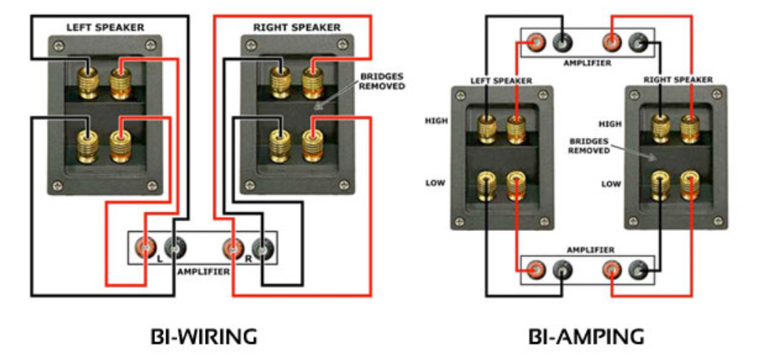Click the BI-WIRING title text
point(204,337)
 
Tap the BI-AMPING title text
point(587,337)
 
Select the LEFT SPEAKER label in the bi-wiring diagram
point(105,28)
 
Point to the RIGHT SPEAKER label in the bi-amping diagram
point(678,79)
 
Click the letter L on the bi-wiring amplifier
point(159,260)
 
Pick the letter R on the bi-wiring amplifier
point(248,260)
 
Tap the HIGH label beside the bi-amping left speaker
point(436,121)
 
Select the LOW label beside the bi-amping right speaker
point(611,184)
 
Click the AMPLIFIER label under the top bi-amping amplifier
point(587,63)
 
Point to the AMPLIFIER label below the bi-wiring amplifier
point(203,272)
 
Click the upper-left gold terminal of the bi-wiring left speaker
point(88,82)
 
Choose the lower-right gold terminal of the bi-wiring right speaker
point(312,145)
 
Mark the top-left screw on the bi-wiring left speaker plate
point(59,47)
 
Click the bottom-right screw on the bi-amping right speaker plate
point(718,222)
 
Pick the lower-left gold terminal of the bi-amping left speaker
point(487,187)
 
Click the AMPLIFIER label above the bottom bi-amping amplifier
point(591,250)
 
